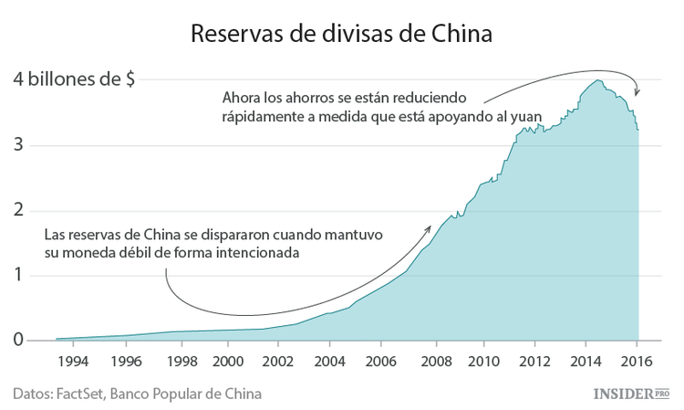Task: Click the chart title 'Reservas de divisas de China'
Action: (x=341, y=34)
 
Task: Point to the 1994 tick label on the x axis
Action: (x=73, y=361)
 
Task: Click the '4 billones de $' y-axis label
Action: (x=75, y=79)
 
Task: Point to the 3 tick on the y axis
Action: (x=18, y=146)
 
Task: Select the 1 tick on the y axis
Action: (x=18, y=276)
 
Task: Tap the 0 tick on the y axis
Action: (x=18, y=341)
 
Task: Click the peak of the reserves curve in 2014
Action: (x=597, y=80)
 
